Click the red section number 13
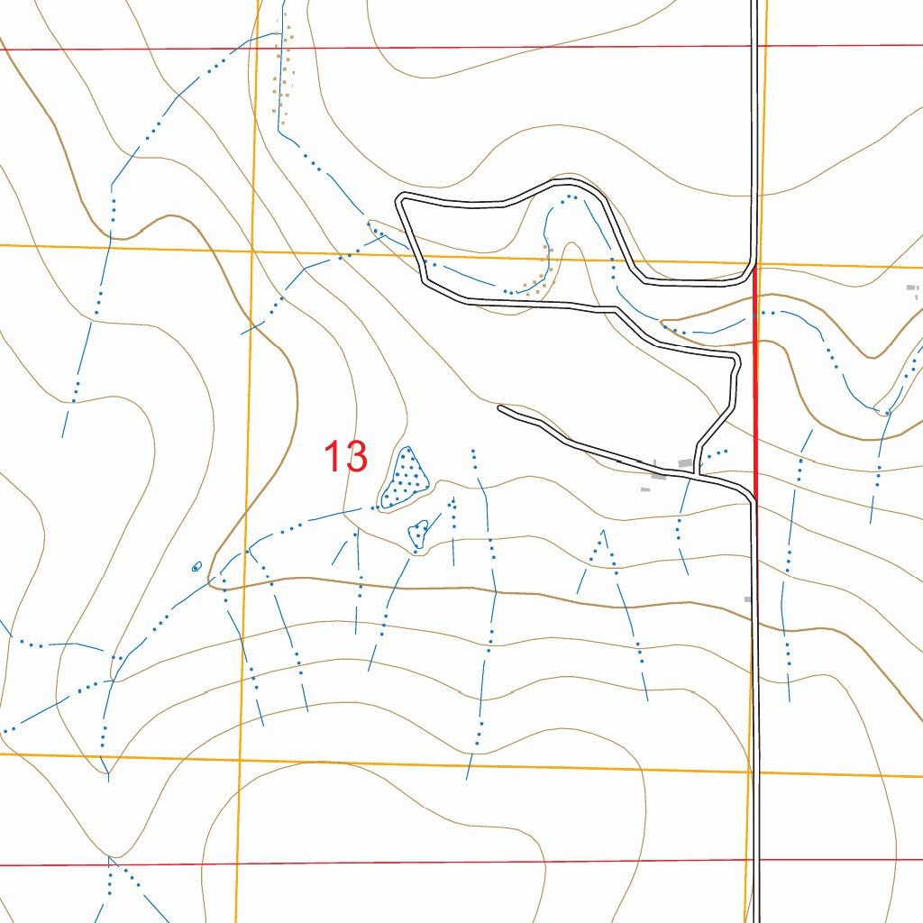[x=346, y=457]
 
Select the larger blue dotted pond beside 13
[x=405, y=478]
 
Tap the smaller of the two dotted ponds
[x=418, y=534]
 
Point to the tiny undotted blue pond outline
[x=196, y=567]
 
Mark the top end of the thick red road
[x=754, y=267]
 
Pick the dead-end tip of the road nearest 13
[x=501, y=408]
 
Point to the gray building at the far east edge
[x=912, y=289]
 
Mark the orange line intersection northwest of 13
[x=252, y=250]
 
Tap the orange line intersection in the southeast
[x=750, y=772]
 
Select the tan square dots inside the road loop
[x=541, y=275]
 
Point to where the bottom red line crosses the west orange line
[x=239, y=864]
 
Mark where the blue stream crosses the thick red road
[x=754, y=314]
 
